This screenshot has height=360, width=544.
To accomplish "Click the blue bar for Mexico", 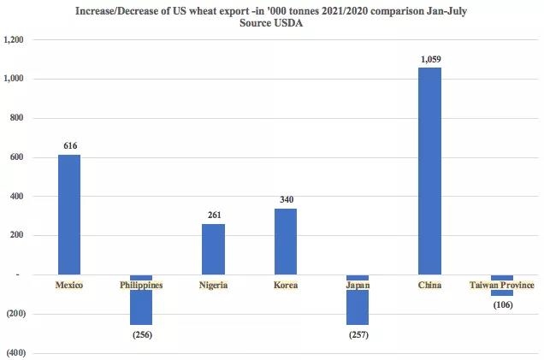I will [x=69, y=215].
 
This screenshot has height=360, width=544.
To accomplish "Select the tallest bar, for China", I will [x=429, y=171].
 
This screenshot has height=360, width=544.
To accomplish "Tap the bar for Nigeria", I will [x=213, y=249].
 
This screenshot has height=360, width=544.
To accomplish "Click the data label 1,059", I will [x=430, y=59].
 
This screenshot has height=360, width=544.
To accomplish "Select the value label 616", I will [x=69, y=146].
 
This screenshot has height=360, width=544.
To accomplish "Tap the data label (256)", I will [x=141, y=334].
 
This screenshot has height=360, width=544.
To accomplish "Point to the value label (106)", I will [x=502, y=305].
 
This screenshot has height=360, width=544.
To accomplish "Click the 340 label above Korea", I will [x=286, y=200].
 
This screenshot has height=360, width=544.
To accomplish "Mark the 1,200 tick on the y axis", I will [x=14, y=40].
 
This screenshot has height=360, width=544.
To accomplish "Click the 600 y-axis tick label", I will [x=18, y=157].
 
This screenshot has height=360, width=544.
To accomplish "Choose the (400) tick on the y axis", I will [x=15, y=353].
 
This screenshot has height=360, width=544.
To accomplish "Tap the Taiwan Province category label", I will [x=502, y=285].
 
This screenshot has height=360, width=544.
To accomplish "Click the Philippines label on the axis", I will [x=141, y=285].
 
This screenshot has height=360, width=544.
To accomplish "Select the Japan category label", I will [x=358, y=285].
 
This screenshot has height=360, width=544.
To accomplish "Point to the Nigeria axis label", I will [x=213, y=285].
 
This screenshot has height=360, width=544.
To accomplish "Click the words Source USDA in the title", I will [x=273, y=24].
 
